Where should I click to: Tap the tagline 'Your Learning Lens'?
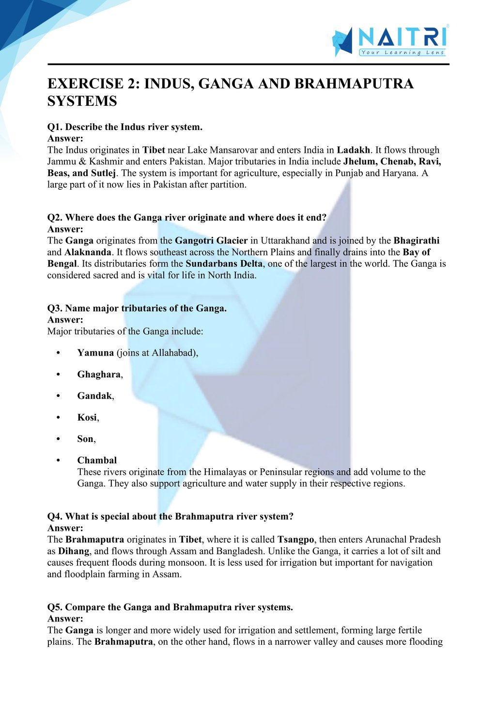click(x=403, y=52)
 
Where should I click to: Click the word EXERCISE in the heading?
click(x=85, y=84)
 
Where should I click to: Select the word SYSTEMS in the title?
click(x=82, y=101)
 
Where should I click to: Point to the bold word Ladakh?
click(x=353, y=150)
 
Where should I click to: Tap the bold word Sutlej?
click(x=104, y=173)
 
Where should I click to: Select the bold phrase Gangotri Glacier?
click(x=211, y=241)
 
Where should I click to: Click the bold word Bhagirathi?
click(x=417, y=241)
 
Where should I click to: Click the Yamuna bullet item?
click(x=95, y=353)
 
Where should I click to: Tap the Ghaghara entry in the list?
click(x=99, y=375)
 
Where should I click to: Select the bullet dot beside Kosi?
click(x=59, y=418)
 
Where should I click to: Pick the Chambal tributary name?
click(x=97, y=460)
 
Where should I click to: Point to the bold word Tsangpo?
click(x=295, y=540)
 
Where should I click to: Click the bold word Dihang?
click(x=74, y=551)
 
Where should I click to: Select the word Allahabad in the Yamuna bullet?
click(x=173, y=353)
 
